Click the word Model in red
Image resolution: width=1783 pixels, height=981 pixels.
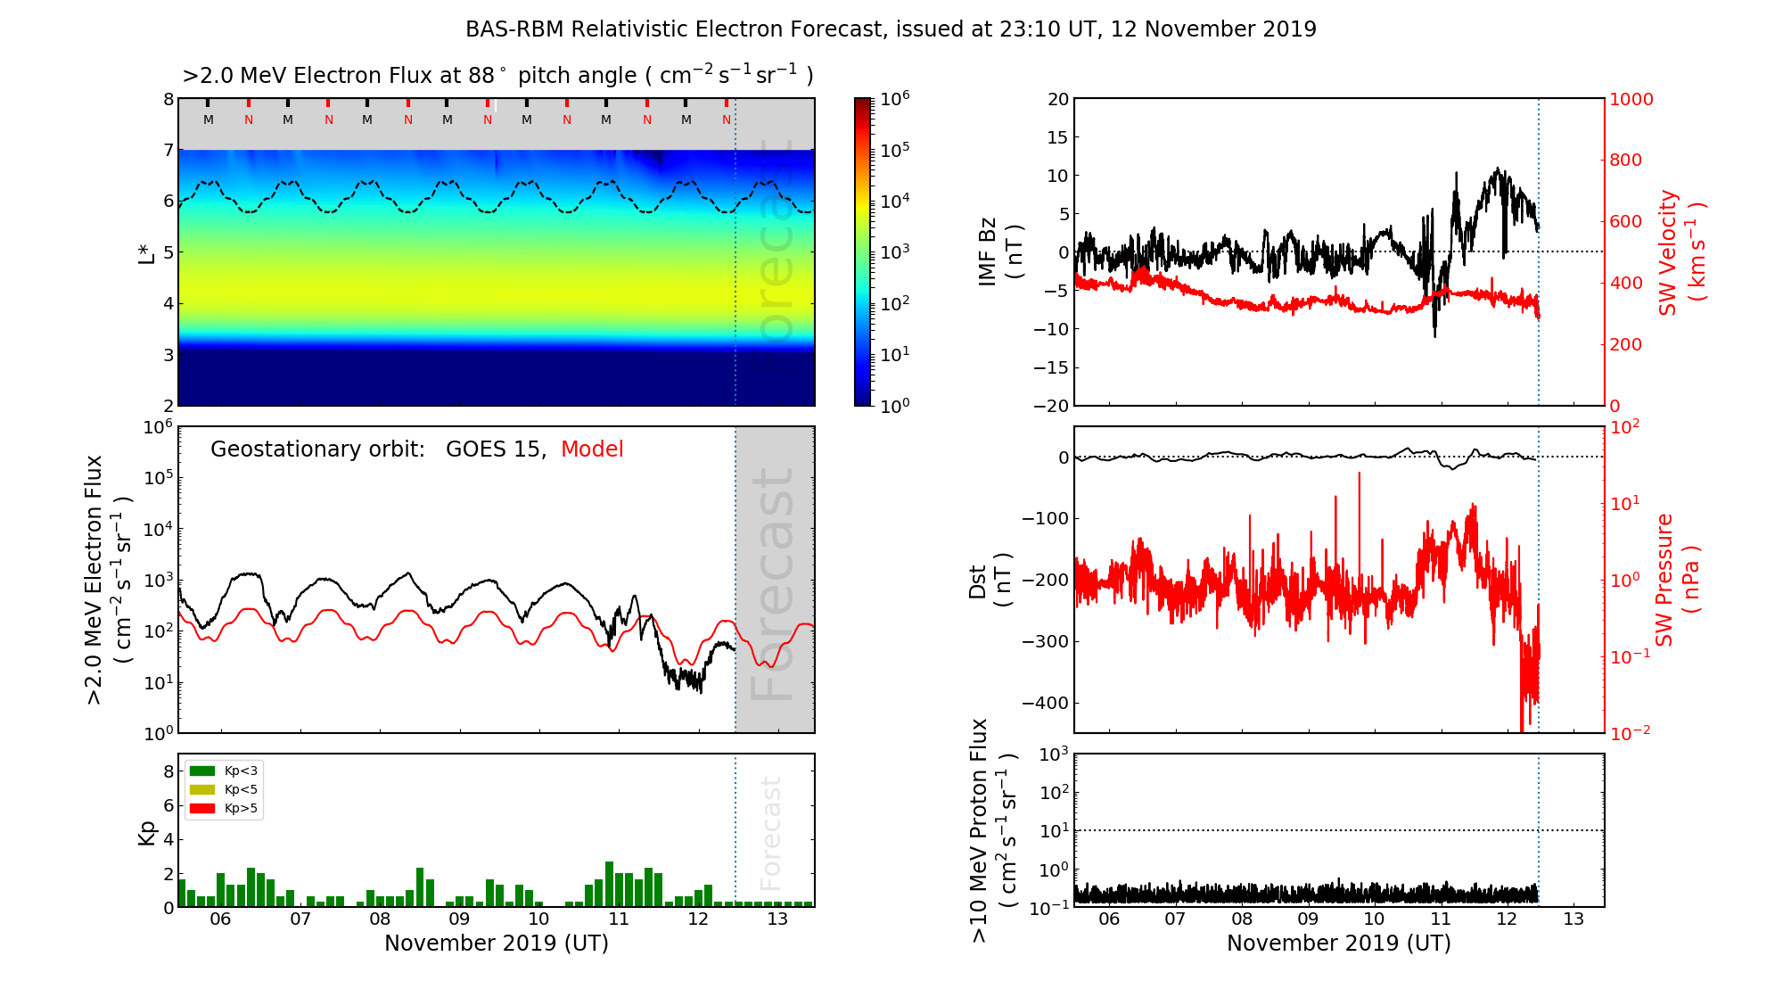(x=592, y=449)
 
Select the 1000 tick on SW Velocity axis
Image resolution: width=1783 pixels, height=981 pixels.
(x=1631, y=99)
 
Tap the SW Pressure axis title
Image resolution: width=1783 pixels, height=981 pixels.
(x=1677, y=580)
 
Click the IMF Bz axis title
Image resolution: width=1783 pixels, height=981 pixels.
(x=1000, y=252)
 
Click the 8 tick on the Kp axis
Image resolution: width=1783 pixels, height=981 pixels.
(x=168, y=771)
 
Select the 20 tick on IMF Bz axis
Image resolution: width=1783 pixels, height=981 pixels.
(x=1058, y=99)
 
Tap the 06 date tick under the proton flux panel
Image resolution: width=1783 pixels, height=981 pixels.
(x=1108, y=919)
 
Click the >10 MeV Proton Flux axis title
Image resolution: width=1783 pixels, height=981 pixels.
(x=992, y=830)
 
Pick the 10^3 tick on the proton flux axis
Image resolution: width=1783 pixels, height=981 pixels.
(x=1054, y=755)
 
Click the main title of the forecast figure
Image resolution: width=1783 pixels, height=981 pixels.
(x=891, y=29)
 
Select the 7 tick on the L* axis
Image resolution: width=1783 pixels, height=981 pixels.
(x=168, y=150)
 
